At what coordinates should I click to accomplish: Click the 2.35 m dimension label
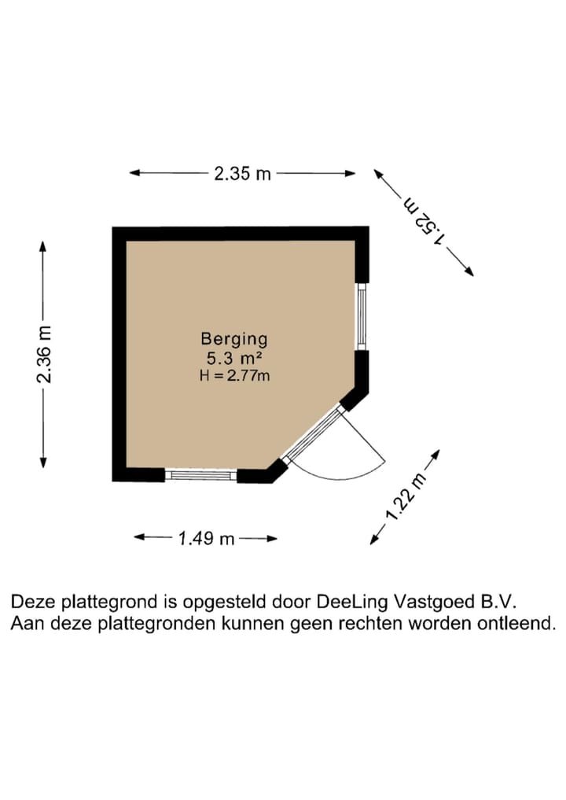click(x=242, y=174)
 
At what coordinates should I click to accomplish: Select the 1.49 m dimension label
click(x=207, y=539)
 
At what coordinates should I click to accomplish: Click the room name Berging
click(x=234, y=340)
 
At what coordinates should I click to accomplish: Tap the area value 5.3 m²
click(x=234, y=359)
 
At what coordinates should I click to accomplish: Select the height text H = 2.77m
click(x=234, y=376)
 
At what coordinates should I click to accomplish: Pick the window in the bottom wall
click(x=200, y=475)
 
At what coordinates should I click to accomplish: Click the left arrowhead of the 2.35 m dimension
click(x=134, y=173)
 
